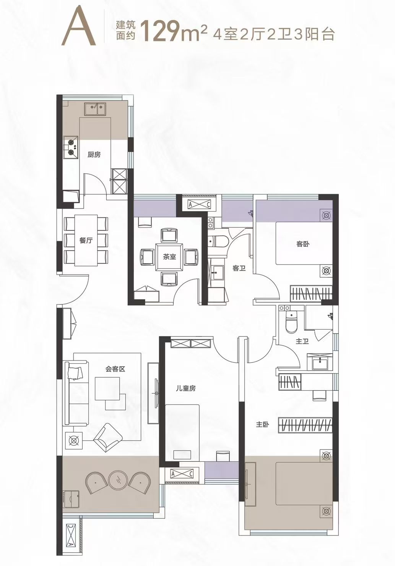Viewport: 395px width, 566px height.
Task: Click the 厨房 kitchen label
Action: point(94,155)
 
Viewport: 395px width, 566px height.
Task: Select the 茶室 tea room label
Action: point(169,257)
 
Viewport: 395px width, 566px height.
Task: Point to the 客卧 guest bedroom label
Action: point(303,244)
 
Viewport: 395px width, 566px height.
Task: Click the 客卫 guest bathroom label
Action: point(239,268)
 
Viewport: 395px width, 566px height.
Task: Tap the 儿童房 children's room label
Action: point(186,388)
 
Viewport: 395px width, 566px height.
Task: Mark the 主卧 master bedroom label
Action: point(262,425)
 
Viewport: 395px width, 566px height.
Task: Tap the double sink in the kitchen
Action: point(95,108)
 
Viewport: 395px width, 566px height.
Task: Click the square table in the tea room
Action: point(169,257)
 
